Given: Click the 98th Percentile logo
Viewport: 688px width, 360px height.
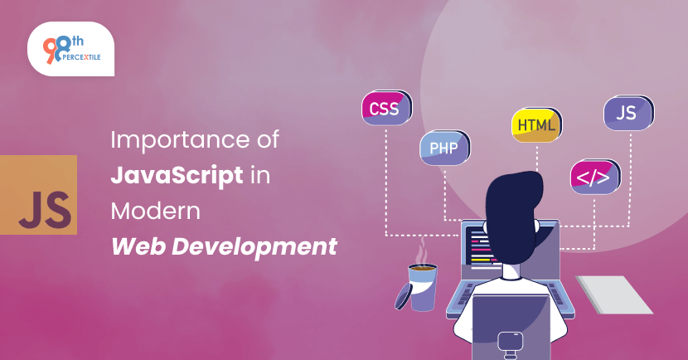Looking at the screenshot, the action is (x=70, y=49).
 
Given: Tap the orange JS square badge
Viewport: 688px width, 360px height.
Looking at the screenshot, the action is (x=39, y=194).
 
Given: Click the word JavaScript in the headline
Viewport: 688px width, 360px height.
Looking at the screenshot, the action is (x=177, y=176).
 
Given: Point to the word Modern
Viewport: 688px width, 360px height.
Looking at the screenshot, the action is (x=155, y=212).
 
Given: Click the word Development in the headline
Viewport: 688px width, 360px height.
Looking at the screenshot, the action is (x=254, y=247).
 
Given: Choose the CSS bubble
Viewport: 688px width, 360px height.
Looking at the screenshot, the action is (x=386, y=108).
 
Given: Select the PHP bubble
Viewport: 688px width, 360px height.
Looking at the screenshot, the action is (x=445, y=148).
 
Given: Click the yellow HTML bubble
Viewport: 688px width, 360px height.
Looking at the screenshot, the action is (x=536, y=125).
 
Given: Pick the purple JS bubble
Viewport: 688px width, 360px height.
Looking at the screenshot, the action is (x=629, y=113).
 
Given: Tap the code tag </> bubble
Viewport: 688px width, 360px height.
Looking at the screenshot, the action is (x=595, y=177).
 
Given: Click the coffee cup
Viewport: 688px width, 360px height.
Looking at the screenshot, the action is (x=422, y=287).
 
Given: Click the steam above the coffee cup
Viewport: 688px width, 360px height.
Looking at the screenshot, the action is (x=423, y=251).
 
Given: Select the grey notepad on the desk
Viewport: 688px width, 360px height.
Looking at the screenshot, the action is (x=614, y=294).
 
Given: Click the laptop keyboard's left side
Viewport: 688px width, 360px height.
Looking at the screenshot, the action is (x=463, y=294).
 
